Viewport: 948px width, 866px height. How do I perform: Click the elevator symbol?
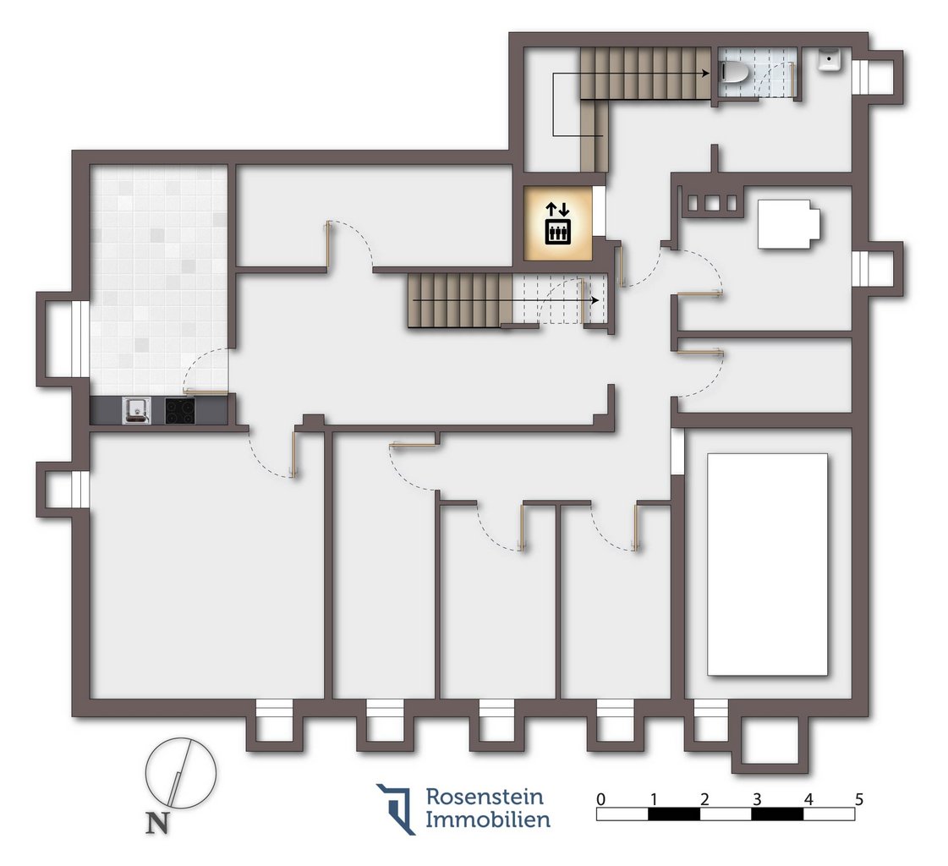[x=557, y=224]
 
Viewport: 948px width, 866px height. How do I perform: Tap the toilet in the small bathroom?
[x=735, y=74]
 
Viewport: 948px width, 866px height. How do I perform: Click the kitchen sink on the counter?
[x=137, y=410]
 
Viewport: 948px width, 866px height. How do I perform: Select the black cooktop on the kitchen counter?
[x=180, y=410]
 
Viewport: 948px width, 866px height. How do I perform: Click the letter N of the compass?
[x=157, y=823]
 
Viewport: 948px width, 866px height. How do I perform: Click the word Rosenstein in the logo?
[x=485, y=797]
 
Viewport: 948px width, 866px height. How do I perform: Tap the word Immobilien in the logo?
[x=488, y=819]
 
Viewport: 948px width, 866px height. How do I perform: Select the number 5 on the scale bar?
[x=859, y=799]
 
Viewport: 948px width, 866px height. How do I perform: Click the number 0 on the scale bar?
[x=600, y=799]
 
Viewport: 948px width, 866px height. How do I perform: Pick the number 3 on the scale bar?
[x=756, y=799]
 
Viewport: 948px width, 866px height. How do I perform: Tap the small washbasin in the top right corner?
[x=830, y=59]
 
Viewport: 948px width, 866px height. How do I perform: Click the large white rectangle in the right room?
[x=767, y=564]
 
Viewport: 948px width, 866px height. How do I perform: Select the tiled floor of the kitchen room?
[x=159, y=279]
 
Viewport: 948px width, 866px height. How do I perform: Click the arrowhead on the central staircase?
[x=595, y=300]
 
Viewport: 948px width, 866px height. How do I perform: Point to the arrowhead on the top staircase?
[x=705, y=74]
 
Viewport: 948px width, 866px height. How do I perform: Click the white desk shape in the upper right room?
[x=789, y=224]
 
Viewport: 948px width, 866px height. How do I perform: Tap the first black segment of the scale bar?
[x=673, y=814]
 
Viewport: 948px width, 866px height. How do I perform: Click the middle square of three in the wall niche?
[x=712, y=203]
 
